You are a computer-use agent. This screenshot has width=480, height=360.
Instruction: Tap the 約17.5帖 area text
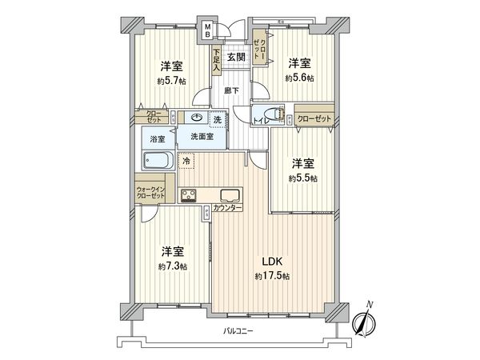(270, 276)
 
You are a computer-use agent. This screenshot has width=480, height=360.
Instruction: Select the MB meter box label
(207, 30)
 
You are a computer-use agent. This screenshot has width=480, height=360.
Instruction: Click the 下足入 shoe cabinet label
(217, 60)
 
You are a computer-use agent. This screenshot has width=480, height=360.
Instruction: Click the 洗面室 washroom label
(201, 137)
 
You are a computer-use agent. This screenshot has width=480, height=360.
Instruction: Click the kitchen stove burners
(190, 195)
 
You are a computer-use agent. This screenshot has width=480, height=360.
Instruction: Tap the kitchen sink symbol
(228, 195)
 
